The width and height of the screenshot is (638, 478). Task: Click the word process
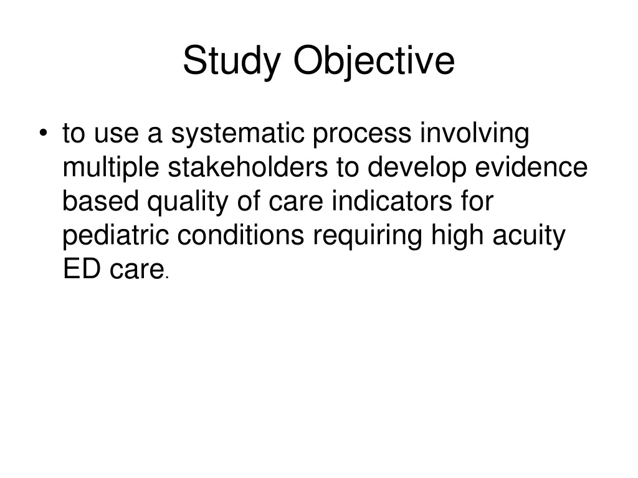(x=363, y=134)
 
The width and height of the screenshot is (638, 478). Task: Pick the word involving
(x=475, y=134)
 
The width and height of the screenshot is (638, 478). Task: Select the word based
(x=100, y=202)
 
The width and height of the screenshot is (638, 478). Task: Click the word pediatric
(x=117, y=237)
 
